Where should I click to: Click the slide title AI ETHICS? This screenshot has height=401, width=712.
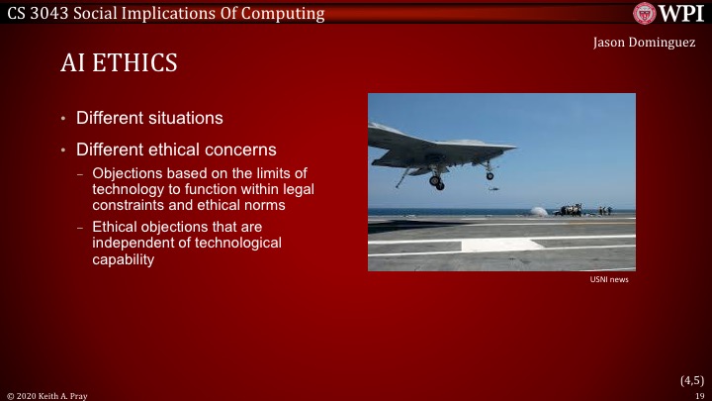pos(119,64)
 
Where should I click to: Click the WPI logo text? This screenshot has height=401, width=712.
pos(682,13)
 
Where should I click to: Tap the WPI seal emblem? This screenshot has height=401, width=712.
pos(646,13)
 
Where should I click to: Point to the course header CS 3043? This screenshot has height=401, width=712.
pos(35,13)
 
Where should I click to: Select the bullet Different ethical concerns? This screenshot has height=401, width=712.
pos(176,150)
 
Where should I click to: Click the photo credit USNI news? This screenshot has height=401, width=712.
pos(608,280)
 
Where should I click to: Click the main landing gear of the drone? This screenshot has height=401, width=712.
pos(436,181)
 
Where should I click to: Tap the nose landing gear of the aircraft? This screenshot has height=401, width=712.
pos(489,174)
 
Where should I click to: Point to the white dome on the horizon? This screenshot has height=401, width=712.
pos(538,211)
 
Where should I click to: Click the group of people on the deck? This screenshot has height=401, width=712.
pos(583,209)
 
